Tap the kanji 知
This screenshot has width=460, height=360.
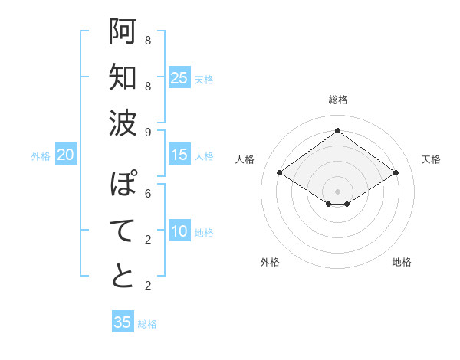point(123,77)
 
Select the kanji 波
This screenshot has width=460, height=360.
point(123,123)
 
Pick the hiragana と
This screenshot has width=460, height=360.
point(123,276)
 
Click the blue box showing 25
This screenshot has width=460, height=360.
point(179,77)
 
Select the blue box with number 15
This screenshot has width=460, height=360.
point(179,155)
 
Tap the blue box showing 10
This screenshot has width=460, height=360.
point(179,232)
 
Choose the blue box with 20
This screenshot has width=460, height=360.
point(66,155)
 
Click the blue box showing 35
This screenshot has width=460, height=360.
point(123,322)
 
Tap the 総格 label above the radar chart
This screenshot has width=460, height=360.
point(337,100)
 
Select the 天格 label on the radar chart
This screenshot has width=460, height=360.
point(431,159)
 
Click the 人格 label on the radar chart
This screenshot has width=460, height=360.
point(245,159)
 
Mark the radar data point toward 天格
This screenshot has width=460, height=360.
point(396,173)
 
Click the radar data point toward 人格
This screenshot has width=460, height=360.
point(280,173)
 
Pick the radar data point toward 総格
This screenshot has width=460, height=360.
point(337,131)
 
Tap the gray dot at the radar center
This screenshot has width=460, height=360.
point(337,191)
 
